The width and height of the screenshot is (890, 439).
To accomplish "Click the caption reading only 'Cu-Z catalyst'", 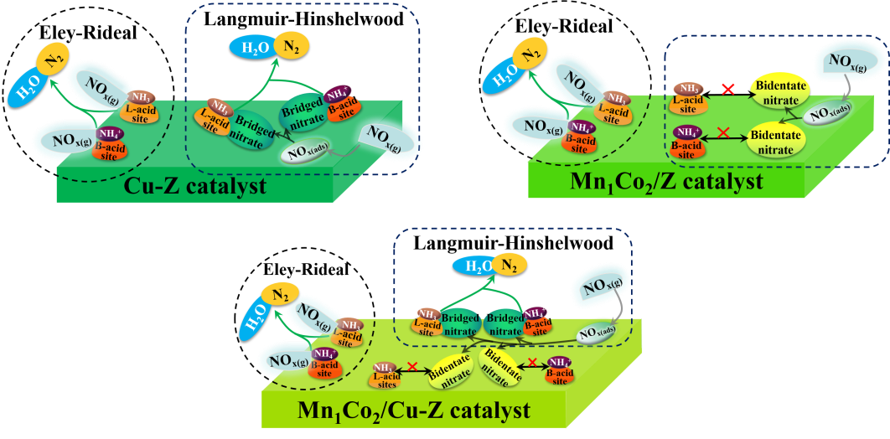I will coord(194,185).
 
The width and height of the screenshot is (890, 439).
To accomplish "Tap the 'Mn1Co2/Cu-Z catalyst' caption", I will coord(414,411).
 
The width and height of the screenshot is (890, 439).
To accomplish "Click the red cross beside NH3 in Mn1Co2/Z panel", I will coord(727,88).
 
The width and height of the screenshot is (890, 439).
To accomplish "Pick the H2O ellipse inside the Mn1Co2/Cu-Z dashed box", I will coord(473,266).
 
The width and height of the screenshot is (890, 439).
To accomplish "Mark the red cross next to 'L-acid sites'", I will coord(412,366).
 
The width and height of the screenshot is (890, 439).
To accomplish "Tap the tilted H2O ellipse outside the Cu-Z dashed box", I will coord(26,85).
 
